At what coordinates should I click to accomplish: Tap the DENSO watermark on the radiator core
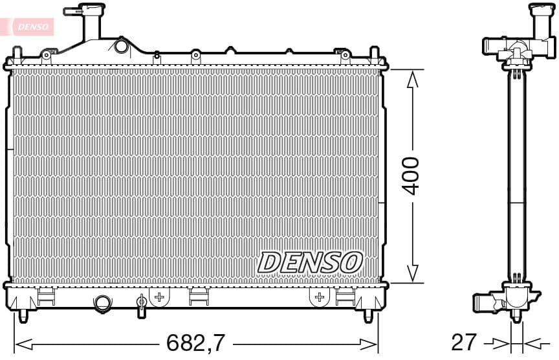pos(309,262)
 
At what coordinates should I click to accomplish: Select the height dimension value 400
pos(411,175)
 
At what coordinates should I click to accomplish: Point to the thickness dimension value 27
pos(465,341)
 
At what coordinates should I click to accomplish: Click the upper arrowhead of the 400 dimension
pos(411,79)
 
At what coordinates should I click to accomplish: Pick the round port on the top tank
pos(121,47)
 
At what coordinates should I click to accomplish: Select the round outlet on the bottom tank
pos(102,303)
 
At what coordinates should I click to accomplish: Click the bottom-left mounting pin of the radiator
pos(23,315)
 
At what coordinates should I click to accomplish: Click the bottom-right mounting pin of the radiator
pos(368,315)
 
